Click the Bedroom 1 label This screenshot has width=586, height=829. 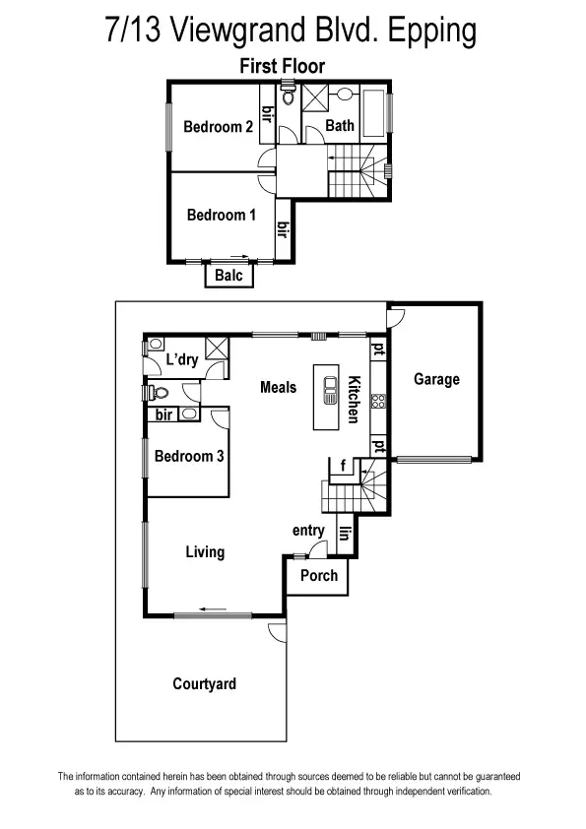[x=222, y=215]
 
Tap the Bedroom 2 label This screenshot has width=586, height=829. [x=219, y=126]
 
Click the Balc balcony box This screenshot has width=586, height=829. [x=228, y=276]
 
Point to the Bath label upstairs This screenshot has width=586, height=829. [x=340, y=125]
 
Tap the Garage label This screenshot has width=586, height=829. [x=436, y=379]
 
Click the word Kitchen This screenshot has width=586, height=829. [x=352, y=400]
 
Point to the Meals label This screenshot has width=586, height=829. [x=278, y=387]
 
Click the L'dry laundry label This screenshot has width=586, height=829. [x=182, y=359]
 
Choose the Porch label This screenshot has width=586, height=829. [x=318, y=575]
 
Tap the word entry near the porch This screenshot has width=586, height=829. [x=308, y=531]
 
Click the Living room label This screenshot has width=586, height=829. [x=205, y=552]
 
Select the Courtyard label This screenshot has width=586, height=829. [x=204, y=683]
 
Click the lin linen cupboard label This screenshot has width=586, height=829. [x=345, y=534]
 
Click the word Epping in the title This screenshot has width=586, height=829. [x=431, y=31]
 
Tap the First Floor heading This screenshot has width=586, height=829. [x=283, y=66]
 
